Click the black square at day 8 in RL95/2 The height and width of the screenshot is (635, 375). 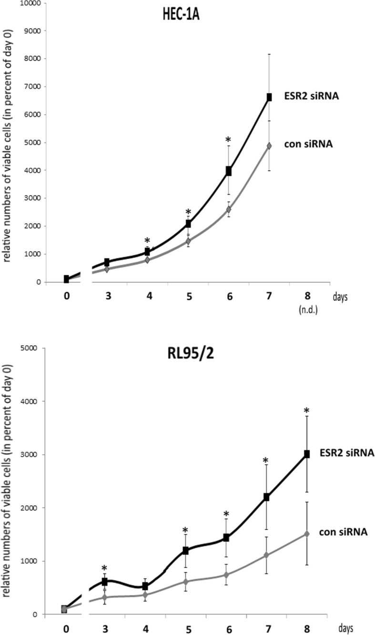(307, 454)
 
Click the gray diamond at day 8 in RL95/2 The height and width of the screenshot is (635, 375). (307, 534)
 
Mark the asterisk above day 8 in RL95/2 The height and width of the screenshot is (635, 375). (307, 410)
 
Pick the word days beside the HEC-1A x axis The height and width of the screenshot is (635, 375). (340, 297)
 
